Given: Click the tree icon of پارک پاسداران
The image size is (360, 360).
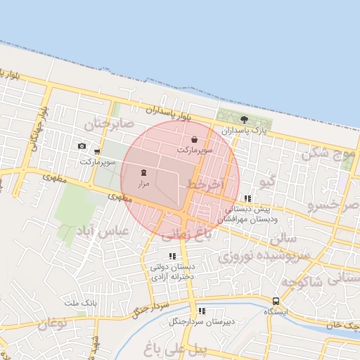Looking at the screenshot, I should pos(244,120).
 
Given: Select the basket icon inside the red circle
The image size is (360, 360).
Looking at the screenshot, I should pos(193,140).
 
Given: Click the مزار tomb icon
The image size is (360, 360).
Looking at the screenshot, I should pos(143,172).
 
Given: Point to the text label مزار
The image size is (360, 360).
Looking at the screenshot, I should pos(143,183).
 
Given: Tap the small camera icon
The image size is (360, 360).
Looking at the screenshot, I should pos(82,146).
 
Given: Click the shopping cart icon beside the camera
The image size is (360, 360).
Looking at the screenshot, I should pos(96,152).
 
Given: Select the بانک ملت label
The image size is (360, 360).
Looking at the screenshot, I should pos(79,303).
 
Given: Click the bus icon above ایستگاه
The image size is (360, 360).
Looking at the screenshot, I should pos(275,300).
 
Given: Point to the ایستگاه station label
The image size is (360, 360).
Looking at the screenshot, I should pos(275,311).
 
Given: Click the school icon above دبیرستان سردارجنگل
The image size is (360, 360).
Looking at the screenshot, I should pos(201,311).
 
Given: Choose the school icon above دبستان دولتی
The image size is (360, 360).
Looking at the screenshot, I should pos(172,257).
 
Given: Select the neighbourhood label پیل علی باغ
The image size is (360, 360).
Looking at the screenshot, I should pos(168,349).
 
